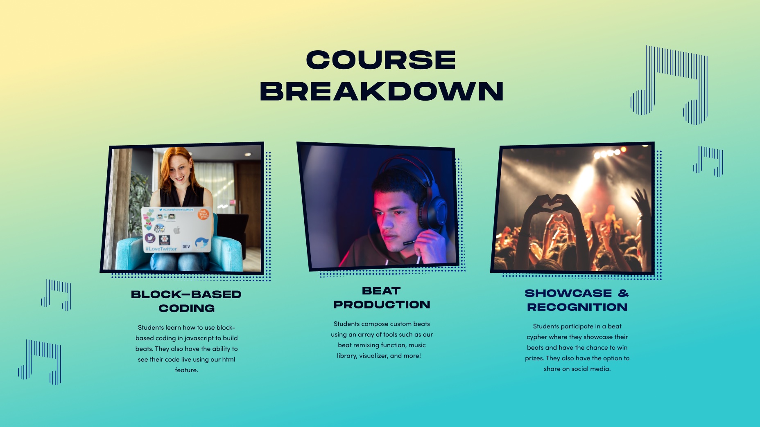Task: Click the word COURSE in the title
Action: pyautogui.click(x=381, y=60)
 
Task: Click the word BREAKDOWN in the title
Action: pyautogui.click(x=382, y=91)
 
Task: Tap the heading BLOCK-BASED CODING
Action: pyautogui.click(x=186, y=301)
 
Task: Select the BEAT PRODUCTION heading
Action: pyautogui.click(x=382, y=298)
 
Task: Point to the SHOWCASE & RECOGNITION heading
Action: pyautogui.click(x=577, y=300)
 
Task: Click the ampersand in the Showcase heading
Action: pyautogui.click(x=623, y=293)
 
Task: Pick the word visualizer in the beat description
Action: pyautogui.click(x=373, y=356)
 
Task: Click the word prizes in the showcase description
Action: pyautogui.click(x=534, y=359)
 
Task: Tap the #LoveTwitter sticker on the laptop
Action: pyautogui.click(x=161, y=248)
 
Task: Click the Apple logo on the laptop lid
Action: pyautogui.click(x=177, y=230)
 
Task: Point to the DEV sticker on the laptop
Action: pyautogui.click(x=186, y=247)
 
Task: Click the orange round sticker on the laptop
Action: pyautogui.click(x=204, y=213)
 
